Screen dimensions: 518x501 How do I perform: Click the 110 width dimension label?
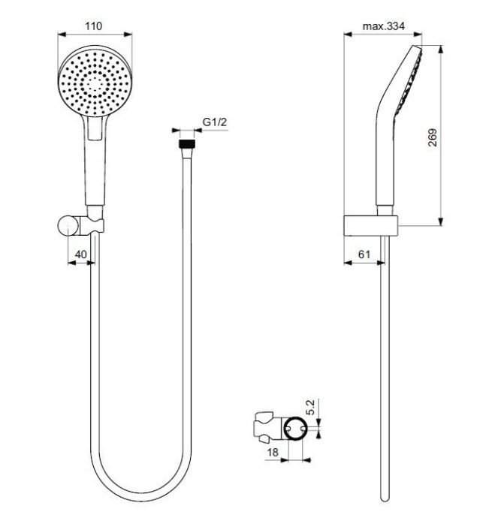[94, 26]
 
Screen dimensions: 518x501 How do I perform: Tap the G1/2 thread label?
[215, 123]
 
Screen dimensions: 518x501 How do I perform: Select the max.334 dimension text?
[383, 26]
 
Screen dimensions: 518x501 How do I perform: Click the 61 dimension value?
[364, 255]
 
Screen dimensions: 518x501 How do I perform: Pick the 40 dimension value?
[80, 255]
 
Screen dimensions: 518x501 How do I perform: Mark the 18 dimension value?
[274, 453]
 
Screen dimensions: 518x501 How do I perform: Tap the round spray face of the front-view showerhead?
[95, 83]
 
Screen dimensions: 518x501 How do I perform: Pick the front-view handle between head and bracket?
[95, 169]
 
